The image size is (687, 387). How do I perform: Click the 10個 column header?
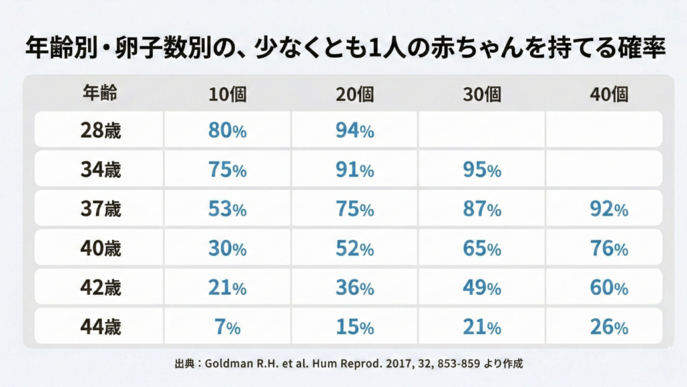(x=227, y=95)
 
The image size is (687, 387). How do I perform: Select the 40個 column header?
(x=609, y=95)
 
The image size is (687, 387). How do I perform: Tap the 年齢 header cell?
(x=99, y=94)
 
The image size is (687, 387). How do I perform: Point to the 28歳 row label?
(x=99, y=131)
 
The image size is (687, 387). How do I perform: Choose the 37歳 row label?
(x=99, y=210)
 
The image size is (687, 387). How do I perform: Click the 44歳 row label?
(x=99, y=328)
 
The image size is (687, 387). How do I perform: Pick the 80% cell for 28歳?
(x=227, y=131)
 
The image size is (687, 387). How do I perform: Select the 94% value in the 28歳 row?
(x=354, y=131)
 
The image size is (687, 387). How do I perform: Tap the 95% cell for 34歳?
(x=482, y=170)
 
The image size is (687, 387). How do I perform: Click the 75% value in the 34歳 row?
(x=227, y=170)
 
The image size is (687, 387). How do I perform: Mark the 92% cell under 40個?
(x=609, y=210)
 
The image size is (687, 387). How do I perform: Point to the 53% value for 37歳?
(x=227, y=210)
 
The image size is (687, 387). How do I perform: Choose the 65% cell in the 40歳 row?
(x=482, y=249)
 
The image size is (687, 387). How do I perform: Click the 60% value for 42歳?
(x=609, y=288)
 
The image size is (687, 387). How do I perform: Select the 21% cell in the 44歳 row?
(x=482, y=328)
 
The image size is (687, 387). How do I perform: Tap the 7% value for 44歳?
(x=227, y=328)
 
